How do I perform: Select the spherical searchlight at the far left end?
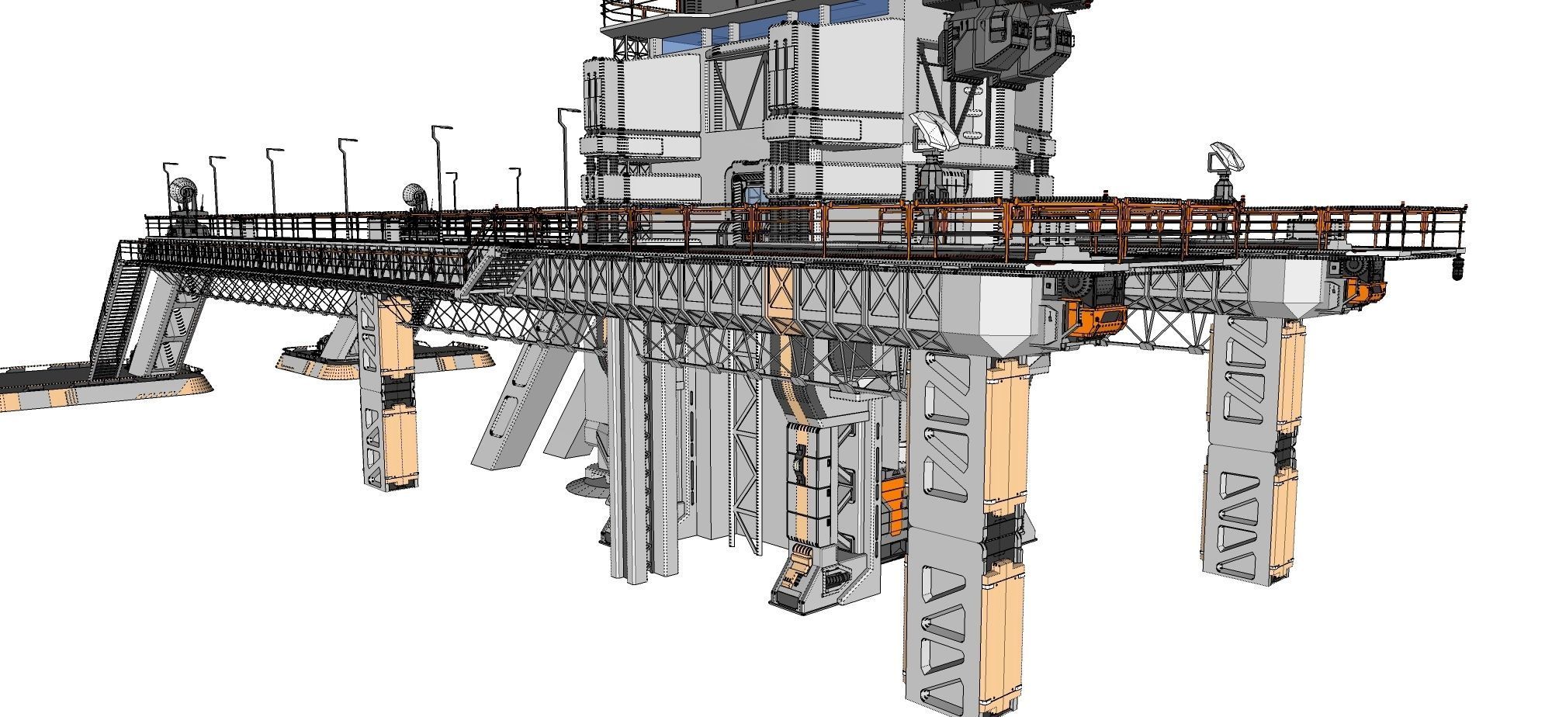[x=183, y=192]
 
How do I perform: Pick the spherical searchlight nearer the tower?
[x=415, y=196]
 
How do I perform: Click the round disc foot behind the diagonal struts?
[x=586, y=487]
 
